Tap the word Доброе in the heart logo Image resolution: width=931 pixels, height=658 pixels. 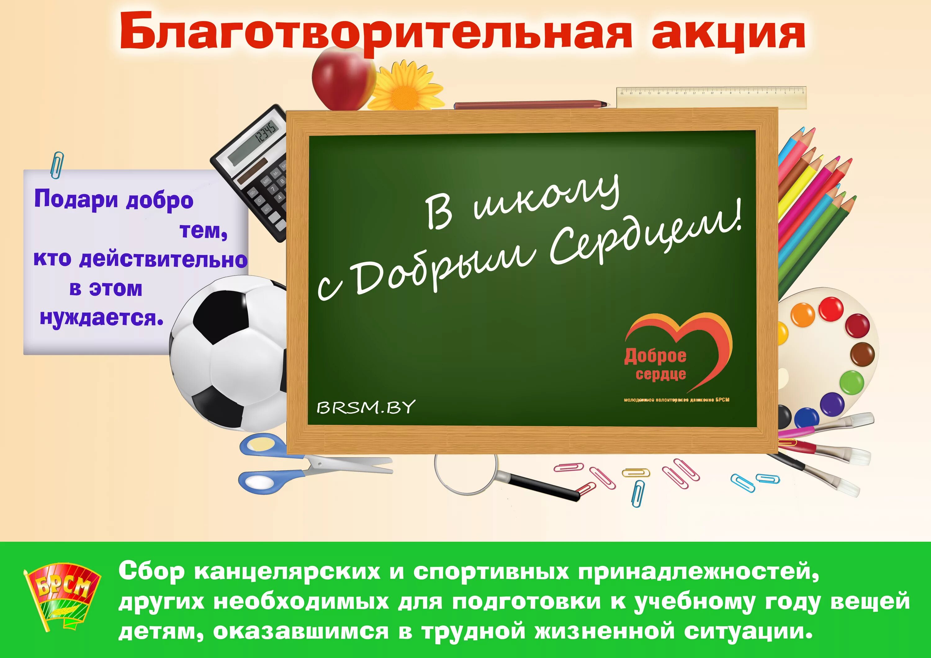click(x=655, y=356)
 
